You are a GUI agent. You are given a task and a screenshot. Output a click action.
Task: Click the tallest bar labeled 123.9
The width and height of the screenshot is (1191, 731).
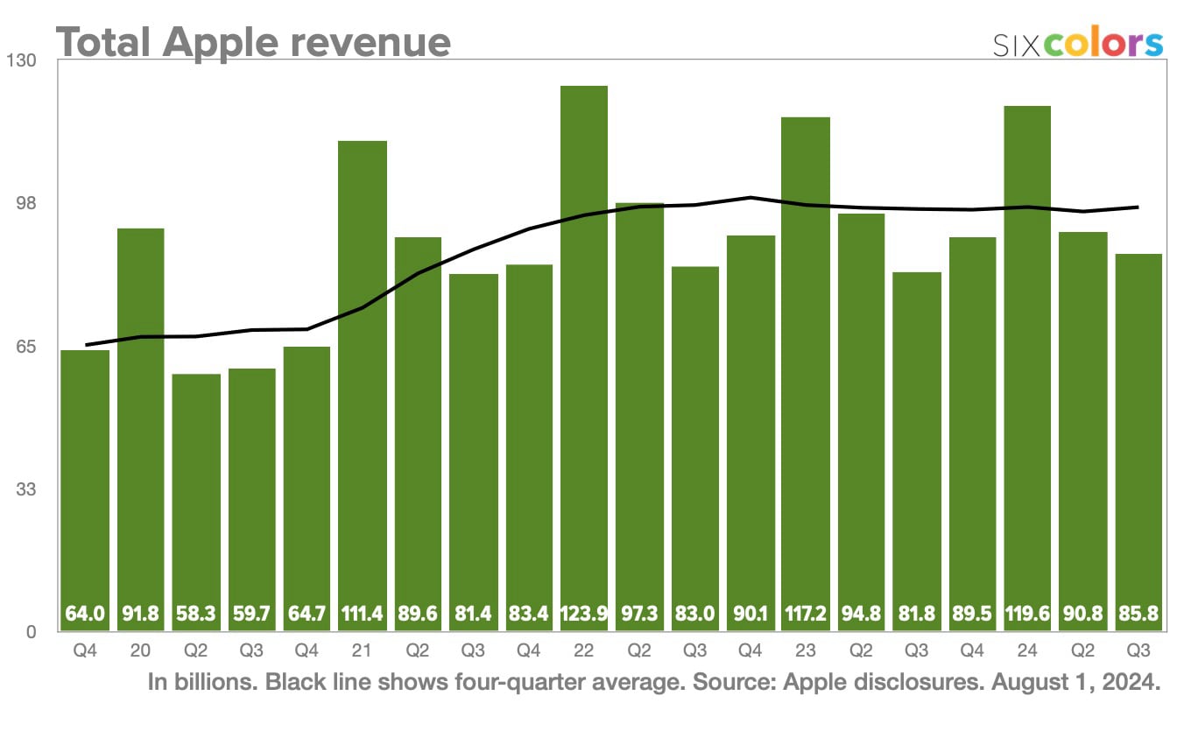pos(584,350)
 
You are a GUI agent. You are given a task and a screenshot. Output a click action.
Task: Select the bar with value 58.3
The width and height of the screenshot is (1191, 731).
pos(196,490)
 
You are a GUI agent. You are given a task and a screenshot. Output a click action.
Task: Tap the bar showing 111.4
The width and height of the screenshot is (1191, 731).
pos(363,376)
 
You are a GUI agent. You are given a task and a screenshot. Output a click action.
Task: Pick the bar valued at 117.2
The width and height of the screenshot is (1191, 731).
pos(806,368)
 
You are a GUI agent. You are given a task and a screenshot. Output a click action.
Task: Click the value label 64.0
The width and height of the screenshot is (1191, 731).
pos(85,615)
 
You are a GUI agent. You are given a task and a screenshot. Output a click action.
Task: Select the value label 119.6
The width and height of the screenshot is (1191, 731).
pos(1027,615)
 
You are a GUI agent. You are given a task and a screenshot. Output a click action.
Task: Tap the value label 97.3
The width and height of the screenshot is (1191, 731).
pos(639,615)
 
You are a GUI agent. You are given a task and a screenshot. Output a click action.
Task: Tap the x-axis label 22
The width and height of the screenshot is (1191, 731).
pos(584,651)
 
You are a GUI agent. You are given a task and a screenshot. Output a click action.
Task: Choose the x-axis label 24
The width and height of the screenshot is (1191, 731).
pos(1027,651)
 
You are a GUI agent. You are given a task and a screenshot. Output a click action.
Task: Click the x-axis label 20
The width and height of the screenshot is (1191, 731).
pos(140,651)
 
